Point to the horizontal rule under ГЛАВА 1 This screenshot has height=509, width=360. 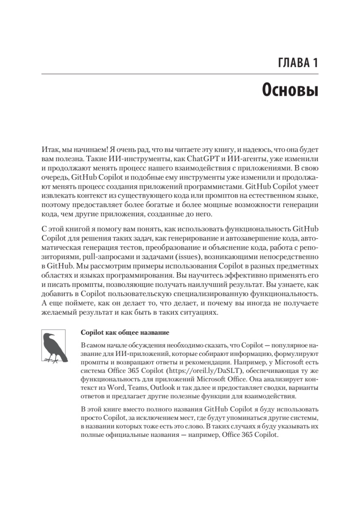point(180,76)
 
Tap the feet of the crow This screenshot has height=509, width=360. point(54,361)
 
